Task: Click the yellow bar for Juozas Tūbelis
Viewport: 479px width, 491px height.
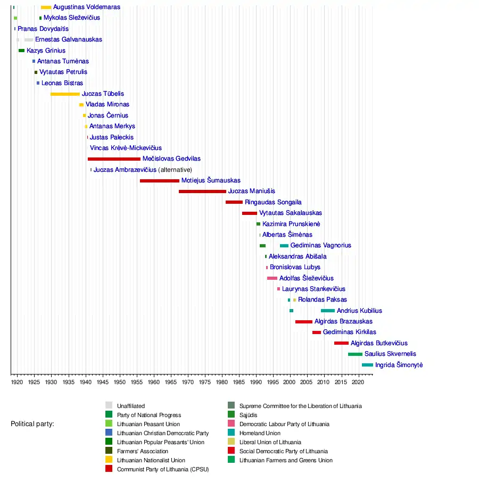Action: [x=65, y=94]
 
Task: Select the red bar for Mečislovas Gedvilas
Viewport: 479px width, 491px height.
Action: [x=114, y=159]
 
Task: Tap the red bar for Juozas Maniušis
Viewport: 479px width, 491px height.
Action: [x=202, y=192]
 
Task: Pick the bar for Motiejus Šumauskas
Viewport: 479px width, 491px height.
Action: [x=160, y=181]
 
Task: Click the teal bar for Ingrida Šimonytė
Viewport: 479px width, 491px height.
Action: [x=367, y=365]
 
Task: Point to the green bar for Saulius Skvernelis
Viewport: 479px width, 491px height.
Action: [x=355, y=354]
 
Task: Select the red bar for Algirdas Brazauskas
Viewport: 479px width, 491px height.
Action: [x=304, y=322]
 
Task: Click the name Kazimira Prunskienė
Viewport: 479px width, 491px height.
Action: [x=291, y=224]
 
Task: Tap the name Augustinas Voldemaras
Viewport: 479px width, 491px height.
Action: [x=87, y=7]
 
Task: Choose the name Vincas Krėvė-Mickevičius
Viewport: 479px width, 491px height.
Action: [x=126, y=148]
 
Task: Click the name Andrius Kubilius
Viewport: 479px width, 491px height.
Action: [x=359, y=311]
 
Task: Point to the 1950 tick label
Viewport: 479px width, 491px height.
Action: [x=119, y=382]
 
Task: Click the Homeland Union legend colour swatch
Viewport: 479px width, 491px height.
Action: [x=231, y=433]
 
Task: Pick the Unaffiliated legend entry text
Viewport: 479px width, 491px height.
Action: [x=131, y=406]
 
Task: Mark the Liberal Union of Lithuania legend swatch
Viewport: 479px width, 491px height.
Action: [x=231, y=442]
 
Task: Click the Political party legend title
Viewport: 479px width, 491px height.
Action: [x=32, y=424]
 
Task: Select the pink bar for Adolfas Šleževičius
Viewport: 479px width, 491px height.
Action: [x=272, y=278]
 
